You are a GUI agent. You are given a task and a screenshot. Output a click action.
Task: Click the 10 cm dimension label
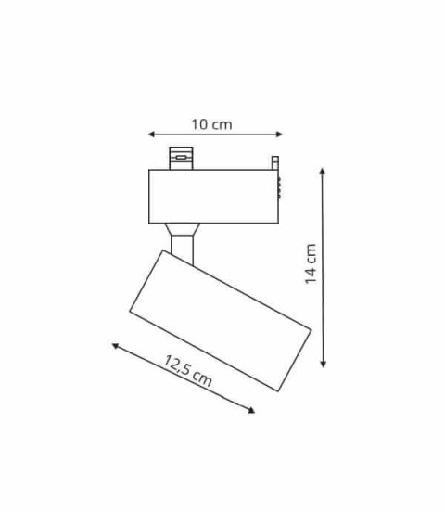click(x=212, y=124)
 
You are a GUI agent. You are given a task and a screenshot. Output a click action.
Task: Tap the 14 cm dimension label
click(x=311, y=264)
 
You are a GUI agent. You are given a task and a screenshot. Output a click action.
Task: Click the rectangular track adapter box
click(x=213, y=196)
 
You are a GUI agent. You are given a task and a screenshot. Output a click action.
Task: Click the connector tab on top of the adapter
click(x=180, y=158)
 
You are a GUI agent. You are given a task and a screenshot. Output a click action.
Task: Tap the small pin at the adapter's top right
click(x=274, y=162)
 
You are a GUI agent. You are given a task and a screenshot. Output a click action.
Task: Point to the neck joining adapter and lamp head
click(x=183, y=240)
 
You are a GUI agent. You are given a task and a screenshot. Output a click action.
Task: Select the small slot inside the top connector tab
click(x=180, y=158)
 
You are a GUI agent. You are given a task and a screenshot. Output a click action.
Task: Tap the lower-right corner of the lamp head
click(x=277, y=390)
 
